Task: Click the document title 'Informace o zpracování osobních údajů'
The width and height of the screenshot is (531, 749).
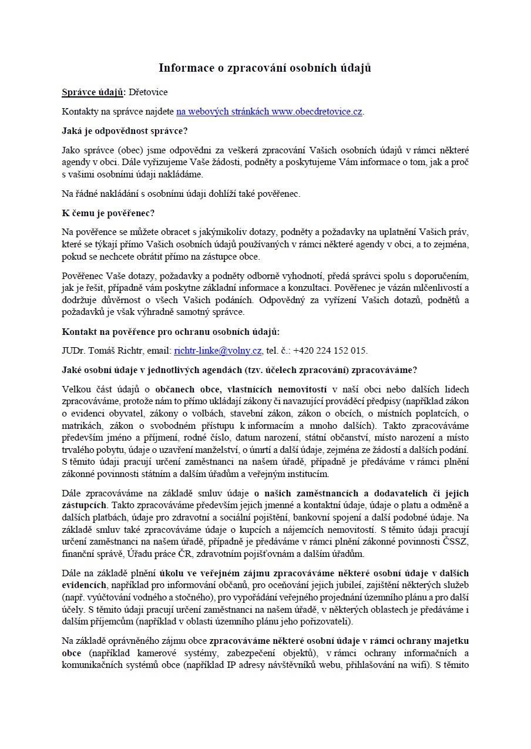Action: (x=265, y=68)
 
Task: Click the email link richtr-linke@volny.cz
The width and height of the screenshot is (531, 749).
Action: (x=218, y=351)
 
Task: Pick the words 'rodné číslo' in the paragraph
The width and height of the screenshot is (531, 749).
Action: (x=220, y=438)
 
